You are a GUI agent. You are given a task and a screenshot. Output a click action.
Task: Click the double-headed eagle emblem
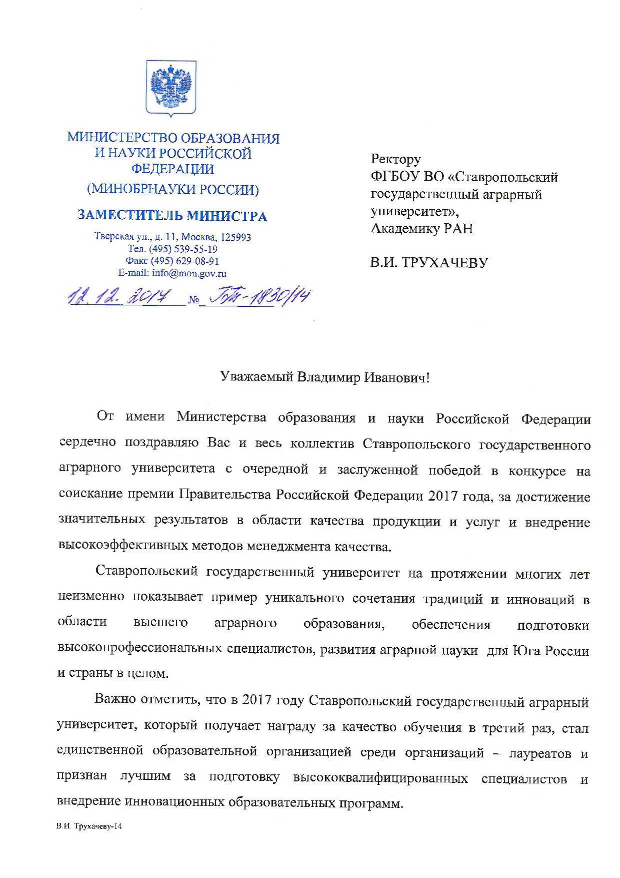(x=171, y=88)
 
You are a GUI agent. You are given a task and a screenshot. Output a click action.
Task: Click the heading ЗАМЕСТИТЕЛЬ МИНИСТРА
(x=172, y=216)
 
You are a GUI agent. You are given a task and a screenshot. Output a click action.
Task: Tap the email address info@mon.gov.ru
(x=172, y=273)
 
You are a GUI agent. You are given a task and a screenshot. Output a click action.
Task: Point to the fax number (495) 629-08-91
(x=185, y=261)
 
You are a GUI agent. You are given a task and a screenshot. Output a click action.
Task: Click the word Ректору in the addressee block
(x=395, y=159)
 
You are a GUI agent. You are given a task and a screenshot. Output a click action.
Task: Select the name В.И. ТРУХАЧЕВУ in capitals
(x=428, y=262)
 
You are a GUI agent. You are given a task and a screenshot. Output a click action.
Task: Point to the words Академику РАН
(x=421, y=228)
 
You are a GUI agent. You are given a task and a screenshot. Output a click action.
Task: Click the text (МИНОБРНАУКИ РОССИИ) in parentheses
(x=173, y=190)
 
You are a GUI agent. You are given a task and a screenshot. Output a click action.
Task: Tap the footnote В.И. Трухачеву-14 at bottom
(x=89, y=826)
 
